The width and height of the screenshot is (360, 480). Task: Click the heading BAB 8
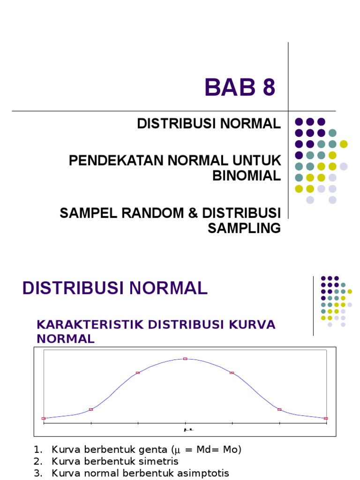point(240,88)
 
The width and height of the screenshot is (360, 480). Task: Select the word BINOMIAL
point(247,175)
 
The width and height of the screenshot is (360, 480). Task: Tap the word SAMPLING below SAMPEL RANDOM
point(244,228)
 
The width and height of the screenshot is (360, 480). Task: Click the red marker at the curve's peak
point(185,359)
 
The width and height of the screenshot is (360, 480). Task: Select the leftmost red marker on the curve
point(44,418)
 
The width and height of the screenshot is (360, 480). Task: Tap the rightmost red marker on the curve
point(326,418)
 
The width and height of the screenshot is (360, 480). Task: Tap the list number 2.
point(37,461)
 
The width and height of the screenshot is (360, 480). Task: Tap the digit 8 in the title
point(269,88)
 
